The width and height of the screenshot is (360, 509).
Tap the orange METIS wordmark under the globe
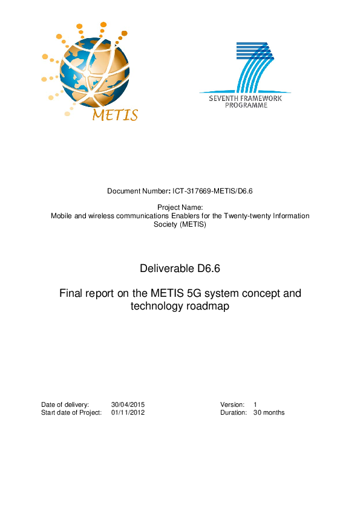115,115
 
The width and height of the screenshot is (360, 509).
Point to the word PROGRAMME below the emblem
246,105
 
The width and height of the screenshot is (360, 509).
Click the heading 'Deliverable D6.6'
180,268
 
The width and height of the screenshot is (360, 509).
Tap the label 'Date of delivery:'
65,404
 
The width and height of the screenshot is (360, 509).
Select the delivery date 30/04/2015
128,404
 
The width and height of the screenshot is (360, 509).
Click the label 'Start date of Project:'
71,412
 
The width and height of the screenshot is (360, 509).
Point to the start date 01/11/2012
128,412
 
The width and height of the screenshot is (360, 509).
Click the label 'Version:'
232,404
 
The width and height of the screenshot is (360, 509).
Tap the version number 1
255,404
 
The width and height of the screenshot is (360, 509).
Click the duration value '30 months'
269,412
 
